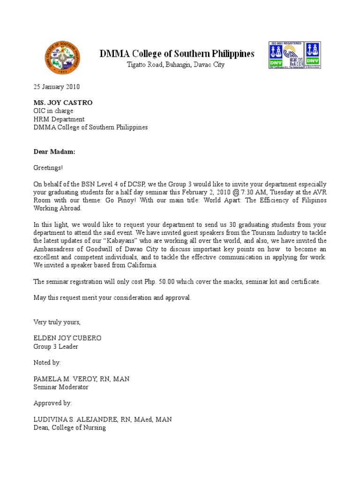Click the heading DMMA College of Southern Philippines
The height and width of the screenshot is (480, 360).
[x=177, y=53]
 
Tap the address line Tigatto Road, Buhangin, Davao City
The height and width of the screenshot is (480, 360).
[x=176, y=65]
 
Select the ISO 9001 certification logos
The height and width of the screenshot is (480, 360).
[x=294, y=55]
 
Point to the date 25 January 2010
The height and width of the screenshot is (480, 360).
[x=56, y=87]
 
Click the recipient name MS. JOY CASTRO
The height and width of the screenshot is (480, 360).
[x=63, y=103]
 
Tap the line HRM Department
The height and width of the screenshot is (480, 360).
[x=59, y=119]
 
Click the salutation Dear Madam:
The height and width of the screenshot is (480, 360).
[x=54, y=152]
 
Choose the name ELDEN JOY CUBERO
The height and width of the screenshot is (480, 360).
[x=67, y=338]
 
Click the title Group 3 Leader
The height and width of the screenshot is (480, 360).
[x=56, y=346]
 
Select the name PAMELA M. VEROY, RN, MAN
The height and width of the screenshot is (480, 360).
[x=82, y=379]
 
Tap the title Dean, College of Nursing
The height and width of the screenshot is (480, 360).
[x=69, y=427]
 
